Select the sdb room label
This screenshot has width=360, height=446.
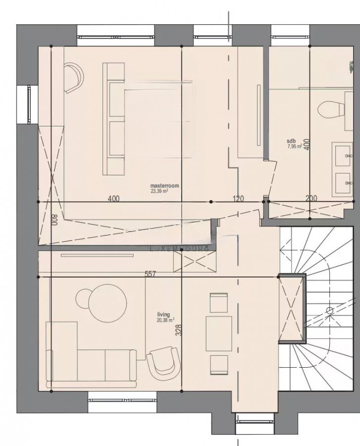click(x=291, y=141)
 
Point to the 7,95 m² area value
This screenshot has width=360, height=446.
click(x=295, y=146)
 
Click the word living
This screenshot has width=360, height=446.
click(x=163, y=315)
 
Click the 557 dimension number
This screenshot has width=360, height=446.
click(x=151, y=274)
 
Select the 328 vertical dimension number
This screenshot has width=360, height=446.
click(x=178, y=331)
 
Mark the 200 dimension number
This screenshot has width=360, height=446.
click(x=311, y=198)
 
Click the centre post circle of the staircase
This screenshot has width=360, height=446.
click(x=330, y=311)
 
